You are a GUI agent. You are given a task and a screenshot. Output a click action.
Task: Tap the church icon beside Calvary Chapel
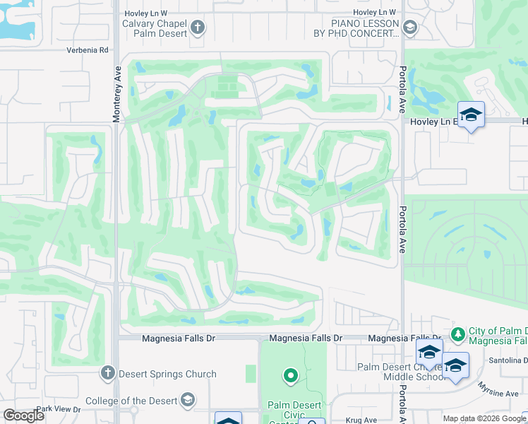pyautogui.click(x=198, y=28)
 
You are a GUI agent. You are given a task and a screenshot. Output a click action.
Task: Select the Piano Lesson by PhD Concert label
pyautogui.click(x=356, y=28)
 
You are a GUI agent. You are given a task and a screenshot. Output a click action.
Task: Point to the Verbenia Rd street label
pyautogui.click(x=88, y=50)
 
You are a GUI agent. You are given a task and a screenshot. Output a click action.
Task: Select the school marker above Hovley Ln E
pyautogui.click(x=471, y=114)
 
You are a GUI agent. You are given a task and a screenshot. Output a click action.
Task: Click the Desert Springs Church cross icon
pyautogui.click(x=107, y=372)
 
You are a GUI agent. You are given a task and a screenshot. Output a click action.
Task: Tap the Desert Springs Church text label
pyautogui.click(x=167, y=374)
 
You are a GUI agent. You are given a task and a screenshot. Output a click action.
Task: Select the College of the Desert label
pyautogui.click(x=131, y=401)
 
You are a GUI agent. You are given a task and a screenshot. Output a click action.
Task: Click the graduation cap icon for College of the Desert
pyautogui.click(x=187, y=401)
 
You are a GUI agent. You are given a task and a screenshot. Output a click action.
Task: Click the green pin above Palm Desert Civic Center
pyautogui.click(x=290, y=376)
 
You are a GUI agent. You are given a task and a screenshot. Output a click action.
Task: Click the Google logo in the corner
pyautogui.click(x=24, y=416)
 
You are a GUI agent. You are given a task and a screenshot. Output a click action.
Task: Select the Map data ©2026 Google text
pyautogui.click(x=483, y=418)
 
